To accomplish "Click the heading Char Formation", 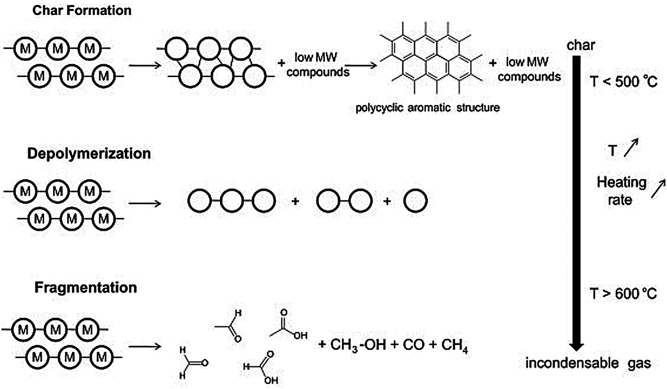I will click(x=82, y=10).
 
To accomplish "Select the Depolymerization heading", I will click(x=89, y=153).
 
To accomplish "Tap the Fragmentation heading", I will click(x=86, y=287).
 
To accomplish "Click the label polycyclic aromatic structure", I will click(x=427, y=108).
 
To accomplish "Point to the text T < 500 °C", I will click(x=624, y=82).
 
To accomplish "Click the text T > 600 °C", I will click(x=624, y=294).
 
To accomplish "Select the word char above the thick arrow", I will click(x=580, y=45).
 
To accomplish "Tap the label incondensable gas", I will click(x=588, y=363).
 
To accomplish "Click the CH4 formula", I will click(x=454, y=345).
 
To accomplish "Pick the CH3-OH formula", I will click(x=358, y=345).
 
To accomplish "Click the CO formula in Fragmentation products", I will click(x=413, y=345).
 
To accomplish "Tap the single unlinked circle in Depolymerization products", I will click(x=415, y=201).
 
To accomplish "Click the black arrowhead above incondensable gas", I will click(x=576, y=346).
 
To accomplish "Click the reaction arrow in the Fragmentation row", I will click(x=145, y=347).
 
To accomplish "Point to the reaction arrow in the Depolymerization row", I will click(x=145, y=203).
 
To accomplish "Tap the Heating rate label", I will click(x=621, y=191).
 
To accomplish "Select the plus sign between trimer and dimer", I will click(x=295, y=201).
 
